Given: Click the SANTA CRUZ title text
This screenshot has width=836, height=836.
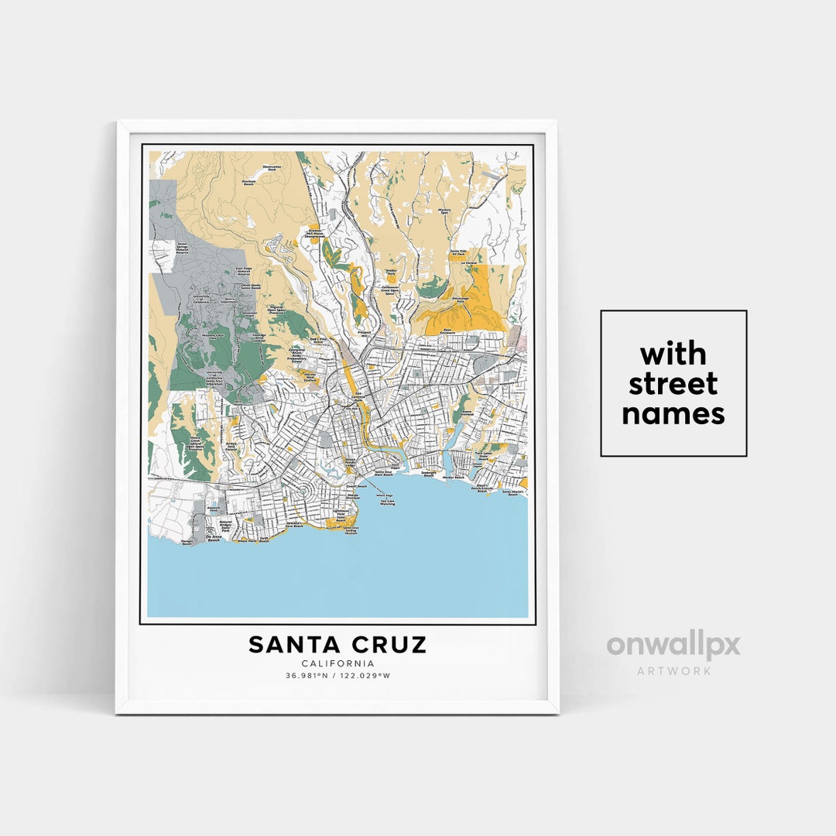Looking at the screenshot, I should pos(337,645).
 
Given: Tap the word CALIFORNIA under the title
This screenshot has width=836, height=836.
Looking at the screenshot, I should pos(337,663).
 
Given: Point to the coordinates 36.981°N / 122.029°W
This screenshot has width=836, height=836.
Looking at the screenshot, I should pos(337,676).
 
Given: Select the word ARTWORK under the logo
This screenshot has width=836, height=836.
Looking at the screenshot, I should pos(673,671).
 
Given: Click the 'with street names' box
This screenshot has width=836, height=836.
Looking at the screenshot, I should pos(673,383).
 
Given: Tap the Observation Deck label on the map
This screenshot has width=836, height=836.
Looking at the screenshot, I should pos(272,168).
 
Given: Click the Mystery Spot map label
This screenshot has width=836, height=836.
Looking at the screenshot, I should pos(444,211).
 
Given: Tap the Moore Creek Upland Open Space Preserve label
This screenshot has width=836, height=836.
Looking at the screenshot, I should pos(199,443).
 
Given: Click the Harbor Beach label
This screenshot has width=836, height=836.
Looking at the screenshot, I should pos(452,478).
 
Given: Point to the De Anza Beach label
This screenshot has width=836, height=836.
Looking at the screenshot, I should pos(214,537).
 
